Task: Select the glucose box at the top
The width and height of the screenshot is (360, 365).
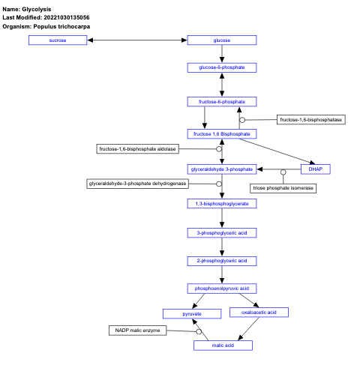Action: [x=222, y=40]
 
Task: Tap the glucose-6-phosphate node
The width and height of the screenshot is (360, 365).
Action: [x=222, y=67]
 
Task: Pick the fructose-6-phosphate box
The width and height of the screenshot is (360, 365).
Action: [x=222, y=100]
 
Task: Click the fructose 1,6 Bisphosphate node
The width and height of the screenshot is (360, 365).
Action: [x=222, y=133]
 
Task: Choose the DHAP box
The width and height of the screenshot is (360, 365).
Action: [x=315, y=169]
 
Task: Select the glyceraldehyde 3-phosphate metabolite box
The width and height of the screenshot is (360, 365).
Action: [x=221, y=169]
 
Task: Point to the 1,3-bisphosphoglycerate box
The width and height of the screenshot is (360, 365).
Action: [x=222, y=202]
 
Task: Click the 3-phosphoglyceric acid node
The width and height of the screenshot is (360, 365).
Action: [x=222, y=232]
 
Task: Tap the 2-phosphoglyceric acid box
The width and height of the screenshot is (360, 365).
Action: [x=222, y=260]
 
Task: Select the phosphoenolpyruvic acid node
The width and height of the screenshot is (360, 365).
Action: [x=222, y=288]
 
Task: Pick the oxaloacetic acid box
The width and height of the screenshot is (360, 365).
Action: [x=259, y=312]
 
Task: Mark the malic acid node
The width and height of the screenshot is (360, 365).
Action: [x=222, y=345]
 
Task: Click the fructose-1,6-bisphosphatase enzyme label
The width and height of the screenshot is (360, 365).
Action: [x=310, y=119]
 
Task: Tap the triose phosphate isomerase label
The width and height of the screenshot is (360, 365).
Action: [x=283, y=187]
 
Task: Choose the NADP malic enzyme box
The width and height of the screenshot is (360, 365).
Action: [x=137, y=331]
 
